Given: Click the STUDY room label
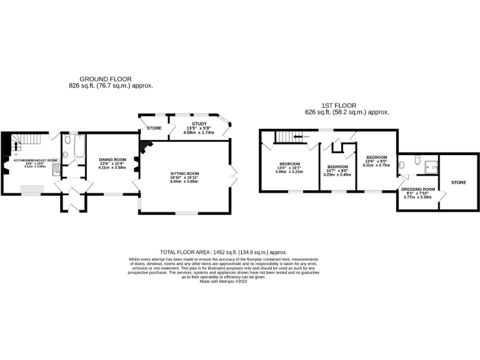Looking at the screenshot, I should tap(199, 124).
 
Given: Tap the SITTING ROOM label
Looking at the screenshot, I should tap(185, 173).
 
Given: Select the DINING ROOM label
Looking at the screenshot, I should tap(112, 159).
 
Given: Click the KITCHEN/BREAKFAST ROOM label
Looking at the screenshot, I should tap(36, 160).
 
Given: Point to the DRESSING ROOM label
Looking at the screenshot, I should tap(418, 189).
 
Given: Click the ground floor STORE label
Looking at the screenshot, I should tap(154, 128).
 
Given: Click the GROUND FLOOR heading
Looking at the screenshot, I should tap(101, 79).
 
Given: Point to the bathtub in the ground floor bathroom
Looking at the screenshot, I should tap(74, 148).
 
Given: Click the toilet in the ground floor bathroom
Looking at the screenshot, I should tap(66, 154).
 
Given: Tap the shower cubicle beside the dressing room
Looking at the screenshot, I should tap(431, 166).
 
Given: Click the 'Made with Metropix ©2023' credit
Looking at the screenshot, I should tap(223, 281).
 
